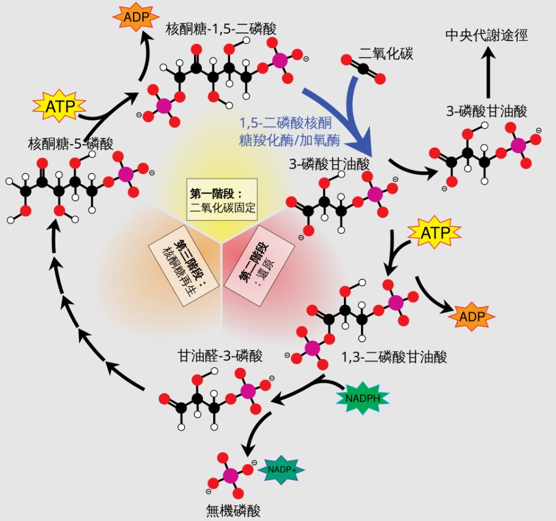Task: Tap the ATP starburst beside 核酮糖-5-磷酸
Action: [60, 107]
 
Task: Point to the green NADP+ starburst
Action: [281, 470]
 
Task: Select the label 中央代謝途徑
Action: [487, 36]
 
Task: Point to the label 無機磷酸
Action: [234, 510]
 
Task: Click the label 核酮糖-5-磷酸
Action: [70, 143]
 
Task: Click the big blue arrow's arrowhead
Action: [364, 146]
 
